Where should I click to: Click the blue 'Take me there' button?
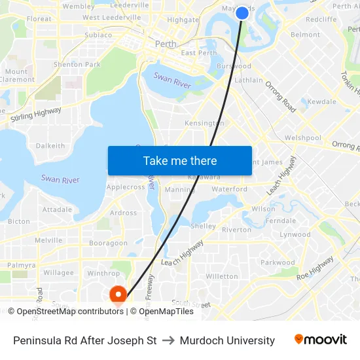point(180,160)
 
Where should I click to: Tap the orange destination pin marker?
point(118,295)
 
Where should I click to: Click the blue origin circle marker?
point(242,12)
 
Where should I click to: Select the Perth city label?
point(166,44)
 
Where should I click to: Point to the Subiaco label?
point(98,35)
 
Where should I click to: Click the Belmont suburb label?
point(305,35)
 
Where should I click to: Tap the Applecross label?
point(126,187)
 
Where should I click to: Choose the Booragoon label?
point(109,243)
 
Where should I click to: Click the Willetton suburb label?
point(222,276)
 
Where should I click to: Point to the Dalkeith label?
point(50,146)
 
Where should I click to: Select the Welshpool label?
point(303,138)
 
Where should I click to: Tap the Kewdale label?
point(322,102)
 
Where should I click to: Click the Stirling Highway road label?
point(36,115)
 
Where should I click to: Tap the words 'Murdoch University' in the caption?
point(227,340)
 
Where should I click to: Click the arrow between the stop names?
point(168,340)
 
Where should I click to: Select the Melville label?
point(48,240)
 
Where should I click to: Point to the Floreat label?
point(39,19)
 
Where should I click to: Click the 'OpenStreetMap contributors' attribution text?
point(70,312)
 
